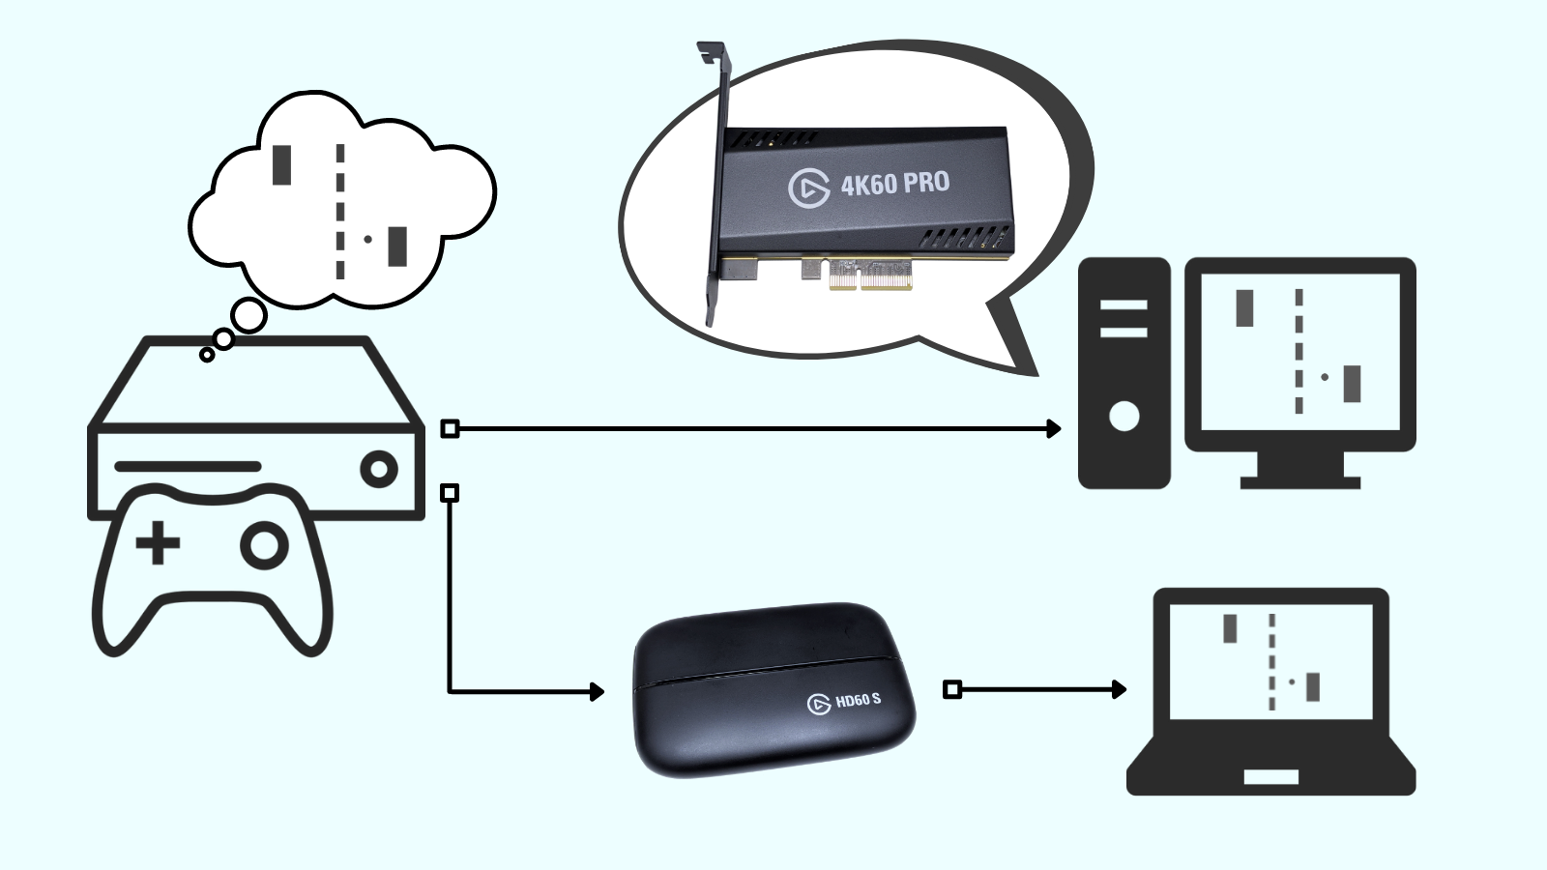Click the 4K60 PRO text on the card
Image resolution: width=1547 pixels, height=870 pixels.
pyautogui.click(x=894, y=182)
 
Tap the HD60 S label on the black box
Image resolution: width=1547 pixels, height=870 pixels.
pyautogui.click(x=858, y=699)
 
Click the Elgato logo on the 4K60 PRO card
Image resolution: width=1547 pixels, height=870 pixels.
pyautogui.click(x=808, y=188)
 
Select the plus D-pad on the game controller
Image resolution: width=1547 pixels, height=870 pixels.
pyautogui.click(x=158, y=543)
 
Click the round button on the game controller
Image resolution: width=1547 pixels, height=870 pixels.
pyautogui.click(x=264, y=546)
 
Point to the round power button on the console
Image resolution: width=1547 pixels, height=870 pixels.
pyautogui.click(x=379, y=470)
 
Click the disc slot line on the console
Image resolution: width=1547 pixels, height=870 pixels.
pyautogui.click(x=188, y=466)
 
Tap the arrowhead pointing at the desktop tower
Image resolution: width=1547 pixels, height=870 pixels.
pyautogui.click(x=1054, y=428)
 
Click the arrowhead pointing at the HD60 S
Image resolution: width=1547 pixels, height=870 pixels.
pyautogui.click(x=598, y=691)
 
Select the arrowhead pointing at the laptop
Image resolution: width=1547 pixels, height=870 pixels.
pyautogui.click(x=1120, y=689)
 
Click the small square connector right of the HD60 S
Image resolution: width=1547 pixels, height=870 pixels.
pyautogui.click(x=952, y=689)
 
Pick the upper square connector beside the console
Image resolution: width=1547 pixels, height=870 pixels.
pyautogui.click(x=450, y=428)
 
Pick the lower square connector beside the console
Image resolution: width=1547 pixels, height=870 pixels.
pyautogui.click(x=450, y=493)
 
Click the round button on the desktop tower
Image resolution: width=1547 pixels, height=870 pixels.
pyautogui.click(x=1124, y=417)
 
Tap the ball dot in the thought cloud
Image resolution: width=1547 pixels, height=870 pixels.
pyautogui.click(x=367, y=239)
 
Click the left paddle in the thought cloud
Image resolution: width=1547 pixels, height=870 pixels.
pyautogui.click(x=281, y=164)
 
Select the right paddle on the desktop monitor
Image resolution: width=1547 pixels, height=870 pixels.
pyautogui.click(x=1352, y=384)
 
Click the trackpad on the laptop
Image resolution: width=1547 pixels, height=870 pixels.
pyautogui.click(x=1270, y=777)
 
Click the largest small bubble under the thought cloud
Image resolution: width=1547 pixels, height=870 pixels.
pyautogui.click(x=249, y=316)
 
